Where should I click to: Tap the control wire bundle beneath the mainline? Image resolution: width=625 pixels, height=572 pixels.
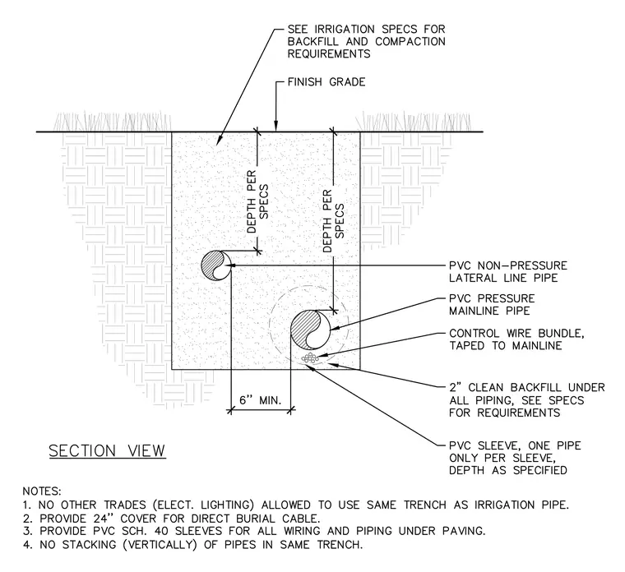point(310,357)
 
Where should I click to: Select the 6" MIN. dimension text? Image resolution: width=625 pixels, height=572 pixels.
point(261,400)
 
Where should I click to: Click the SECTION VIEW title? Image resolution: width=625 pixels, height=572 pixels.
point(107,451)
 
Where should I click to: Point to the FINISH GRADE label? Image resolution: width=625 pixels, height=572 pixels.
point(326,82)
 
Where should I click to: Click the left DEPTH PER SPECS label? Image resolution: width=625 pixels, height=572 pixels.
point(257,202)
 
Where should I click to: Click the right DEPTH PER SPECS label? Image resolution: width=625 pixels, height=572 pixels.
point(333,221)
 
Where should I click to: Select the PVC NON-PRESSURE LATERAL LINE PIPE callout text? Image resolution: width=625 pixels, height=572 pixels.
point(508,272)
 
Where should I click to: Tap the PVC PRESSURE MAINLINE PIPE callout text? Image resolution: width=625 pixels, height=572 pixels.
point(492,305)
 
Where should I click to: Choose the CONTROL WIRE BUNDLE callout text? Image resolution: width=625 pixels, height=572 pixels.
point(516,339)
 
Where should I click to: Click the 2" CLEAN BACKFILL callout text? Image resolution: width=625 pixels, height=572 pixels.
point(527,400)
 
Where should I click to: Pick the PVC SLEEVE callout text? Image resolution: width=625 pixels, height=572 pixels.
point(515,458)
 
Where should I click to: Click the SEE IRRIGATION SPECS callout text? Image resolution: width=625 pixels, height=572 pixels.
point(366,41)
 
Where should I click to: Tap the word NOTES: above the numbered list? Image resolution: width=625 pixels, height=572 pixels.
point(42,491)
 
